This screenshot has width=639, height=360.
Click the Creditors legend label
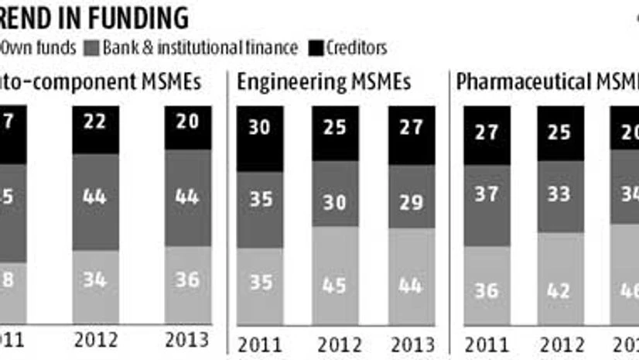[x=355, y=47]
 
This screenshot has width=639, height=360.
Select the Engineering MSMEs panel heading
[x=323, y=81]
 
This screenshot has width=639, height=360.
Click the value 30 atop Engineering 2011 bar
[x=261, y=126]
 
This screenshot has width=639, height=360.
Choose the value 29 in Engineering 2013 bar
[x=412, y=202]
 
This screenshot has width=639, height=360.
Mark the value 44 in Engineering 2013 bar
[x=412, y=285]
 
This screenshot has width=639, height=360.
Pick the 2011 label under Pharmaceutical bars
[x=486, y=342]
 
